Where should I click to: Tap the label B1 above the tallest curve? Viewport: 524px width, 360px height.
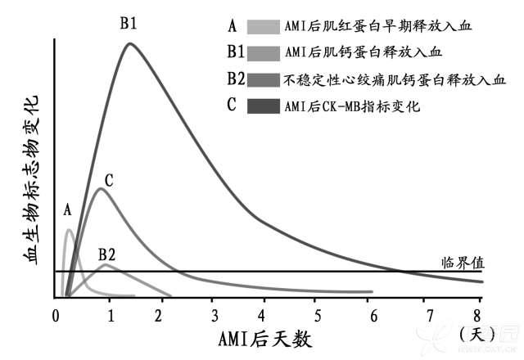[x=129, y=22]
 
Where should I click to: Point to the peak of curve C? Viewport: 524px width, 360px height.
[x=101, y=189]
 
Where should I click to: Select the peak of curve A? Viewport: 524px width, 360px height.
[x=69, y=230]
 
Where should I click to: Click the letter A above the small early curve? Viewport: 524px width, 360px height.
[x=67, y=211]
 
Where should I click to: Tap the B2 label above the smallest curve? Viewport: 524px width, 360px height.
[x=107, y=254]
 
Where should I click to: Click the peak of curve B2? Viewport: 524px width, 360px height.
[x=105, y=264]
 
